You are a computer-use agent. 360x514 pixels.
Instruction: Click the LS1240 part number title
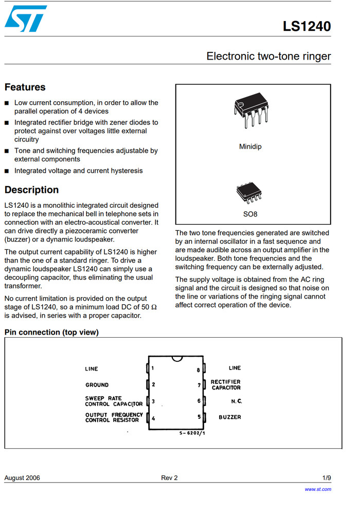[307, 27]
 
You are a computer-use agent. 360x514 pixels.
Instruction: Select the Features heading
[25, 87]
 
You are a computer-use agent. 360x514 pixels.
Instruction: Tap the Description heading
[31, 190]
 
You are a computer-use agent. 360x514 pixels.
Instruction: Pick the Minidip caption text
[250, 147]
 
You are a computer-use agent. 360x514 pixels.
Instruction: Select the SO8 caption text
[250, 214]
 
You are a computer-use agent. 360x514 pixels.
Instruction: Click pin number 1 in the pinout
[153, 368]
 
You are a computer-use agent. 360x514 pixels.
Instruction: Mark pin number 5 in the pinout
[198, 417]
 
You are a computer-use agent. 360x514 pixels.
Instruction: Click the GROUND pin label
[97, 385]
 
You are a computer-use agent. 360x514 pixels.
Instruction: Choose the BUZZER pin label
[230, 417]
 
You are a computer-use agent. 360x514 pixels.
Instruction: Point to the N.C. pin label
[237, 400]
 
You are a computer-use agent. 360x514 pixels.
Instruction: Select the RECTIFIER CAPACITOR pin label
[226, 384]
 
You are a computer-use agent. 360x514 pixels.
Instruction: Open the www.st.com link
[318, 489]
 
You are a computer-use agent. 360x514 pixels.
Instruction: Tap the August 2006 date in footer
[22, 478]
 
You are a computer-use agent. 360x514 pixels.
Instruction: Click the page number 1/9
[327, 478]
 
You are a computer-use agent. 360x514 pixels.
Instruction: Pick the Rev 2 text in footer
[169, 478]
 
